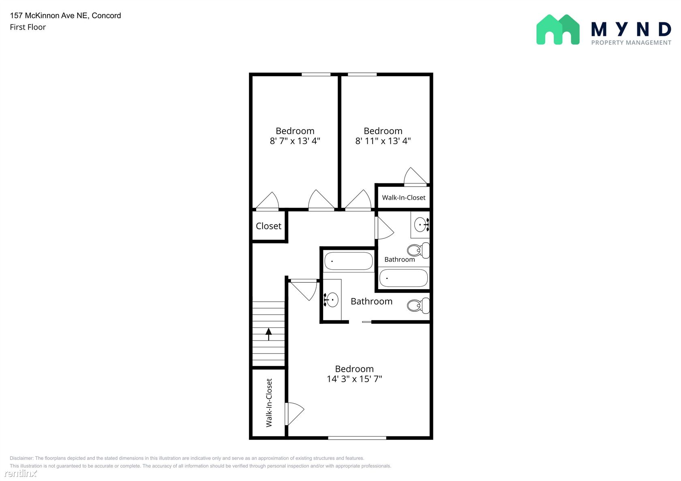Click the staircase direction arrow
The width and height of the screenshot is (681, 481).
268,334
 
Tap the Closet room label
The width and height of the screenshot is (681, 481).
268,226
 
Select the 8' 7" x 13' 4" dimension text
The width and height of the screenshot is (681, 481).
295,141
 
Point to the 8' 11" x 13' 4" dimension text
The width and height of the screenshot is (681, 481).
383,141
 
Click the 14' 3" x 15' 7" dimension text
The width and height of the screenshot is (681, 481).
354,379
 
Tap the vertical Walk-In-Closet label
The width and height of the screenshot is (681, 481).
269,402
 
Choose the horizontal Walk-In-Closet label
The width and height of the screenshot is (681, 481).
403,198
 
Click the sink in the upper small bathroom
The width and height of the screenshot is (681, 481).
422,225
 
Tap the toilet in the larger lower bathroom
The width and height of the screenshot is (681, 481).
418,305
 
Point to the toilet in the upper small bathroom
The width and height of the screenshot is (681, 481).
418,251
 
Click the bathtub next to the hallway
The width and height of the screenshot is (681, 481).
349,261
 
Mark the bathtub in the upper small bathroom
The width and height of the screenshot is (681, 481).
403,278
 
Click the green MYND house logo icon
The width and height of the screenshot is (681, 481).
558,30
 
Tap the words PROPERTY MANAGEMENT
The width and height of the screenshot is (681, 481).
631,43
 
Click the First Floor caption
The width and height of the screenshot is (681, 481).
28,27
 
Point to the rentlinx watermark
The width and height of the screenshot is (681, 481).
21,473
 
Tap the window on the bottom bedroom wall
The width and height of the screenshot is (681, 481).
357,438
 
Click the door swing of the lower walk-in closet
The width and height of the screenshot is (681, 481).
294,414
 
